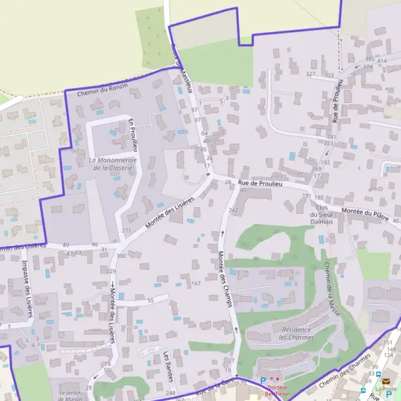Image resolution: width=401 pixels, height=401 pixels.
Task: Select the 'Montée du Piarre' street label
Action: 365,213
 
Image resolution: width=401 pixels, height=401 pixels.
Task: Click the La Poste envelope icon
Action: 386,382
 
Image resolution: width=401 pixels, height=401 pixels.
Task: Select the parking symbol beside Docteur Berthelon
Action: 263,379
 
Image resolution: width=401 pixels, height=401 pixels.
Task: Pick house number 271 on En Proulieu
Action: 126,231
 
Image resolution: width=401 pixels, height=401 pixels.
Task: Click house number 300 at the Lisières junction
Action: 120,256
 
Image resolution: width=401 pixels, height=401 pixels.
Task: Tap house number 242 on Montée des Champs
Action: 233,211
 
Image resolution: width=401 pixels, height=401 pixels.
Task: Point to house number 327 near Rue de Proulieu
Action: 310,74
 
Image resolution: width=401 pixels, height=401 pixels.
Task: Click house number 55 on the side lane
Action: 150,301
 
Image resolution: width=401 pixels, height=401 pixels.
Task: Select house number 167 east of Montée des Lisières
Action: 196,284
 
